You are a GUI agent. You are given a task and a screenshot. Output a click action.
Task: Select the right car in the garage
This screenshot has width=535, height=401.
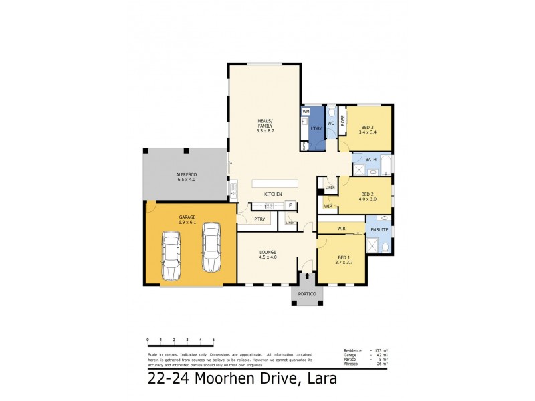[x=211, y=247]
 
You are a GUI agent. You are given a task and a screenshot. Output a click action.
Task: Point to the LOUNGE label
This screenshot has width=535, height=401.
[x=267, y=254]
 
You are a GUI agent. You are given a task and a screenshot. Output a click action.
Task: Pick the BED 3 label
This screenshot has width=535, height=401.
[x=367, y=130]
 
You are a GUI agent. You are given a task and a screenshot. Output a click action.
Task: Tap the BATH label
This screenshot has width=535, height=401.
[x=370, y=159]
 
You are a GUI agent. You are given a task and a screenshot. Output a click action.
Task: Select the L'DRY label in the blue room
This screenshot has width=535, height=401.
[x=316, y=128]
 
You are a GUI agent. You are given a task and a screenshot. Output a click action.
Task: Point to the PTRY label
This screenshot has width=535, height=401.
[x=259, y=219]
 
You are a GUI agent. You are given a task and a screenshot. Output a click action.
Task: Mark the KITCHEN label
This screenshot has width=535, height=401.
[x=273, y=194]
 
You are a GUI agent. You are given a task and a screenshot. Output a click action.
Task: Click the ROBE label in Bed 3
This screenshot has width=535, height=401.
[x=343, y=120]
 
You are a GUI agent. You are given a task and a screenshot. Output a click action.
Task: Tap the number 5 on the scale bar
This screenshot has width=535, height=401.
[x=213, y=340]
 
